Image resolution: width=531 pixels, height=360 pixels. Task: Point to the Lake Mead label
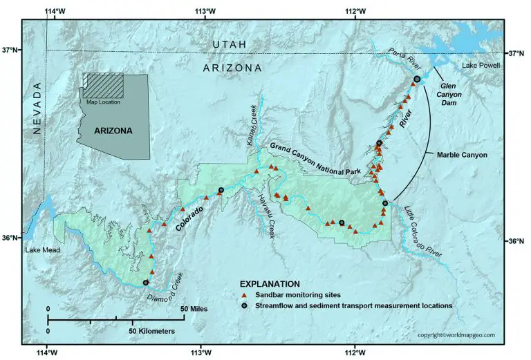point(40,250)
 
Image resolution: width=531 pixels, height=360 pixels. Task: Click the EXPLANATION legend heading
point(270,283)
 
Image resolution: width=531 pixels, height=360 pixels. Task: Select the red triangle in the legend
point(243,294)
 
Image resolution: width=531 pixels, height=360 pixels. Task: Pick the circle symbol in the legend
point(243,305)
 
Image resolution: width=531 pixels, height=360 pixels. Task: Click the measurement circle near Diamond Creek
point(146,283)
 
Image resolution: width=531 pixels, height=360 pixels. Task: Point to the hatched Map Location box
point(104,86)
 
